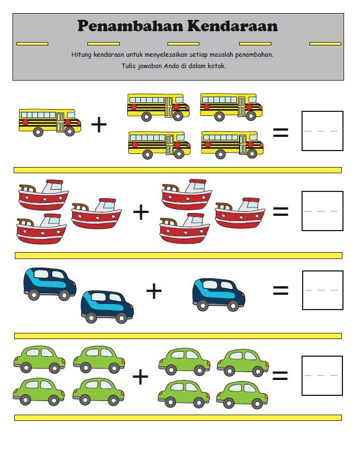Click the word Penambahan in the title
click(x=130, y=26)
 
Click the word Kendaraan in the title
click(x=233, y=26)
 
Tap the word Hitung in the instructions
click(x=81, y=55)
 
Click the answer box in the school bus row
click(x=323, y=131)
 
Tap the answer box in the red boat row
click(x=323, y=211)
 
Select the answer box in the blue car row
click(x=323, y=290)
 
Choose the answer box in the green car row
click(x=322, y=375)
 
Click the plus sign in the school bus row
click(x=99, y=125)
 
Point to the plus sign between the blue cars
click(x=154, y=291)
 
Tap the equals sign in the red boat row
click(x=281, y=212)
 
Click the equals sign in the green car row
click(x=280, y=375)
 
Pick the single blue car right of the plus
click(x=219, y=295)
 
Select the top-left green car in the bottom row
click(x=39, y=359)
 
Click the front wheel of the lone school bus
click(x=70, y=131)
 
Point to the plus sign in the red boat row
click(x=141, y=212)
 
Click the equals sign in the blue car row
click(x=281, y=290)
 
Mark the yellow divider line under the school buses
click(x=178, y=170)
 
